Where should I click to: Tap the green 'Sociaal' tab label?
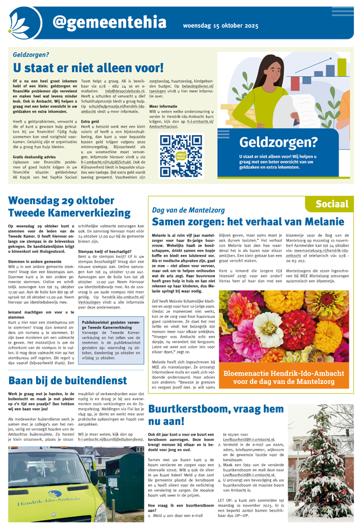tap(331, 204)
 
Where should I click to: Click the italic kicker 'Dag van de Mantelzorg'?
tap(185, 210)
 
